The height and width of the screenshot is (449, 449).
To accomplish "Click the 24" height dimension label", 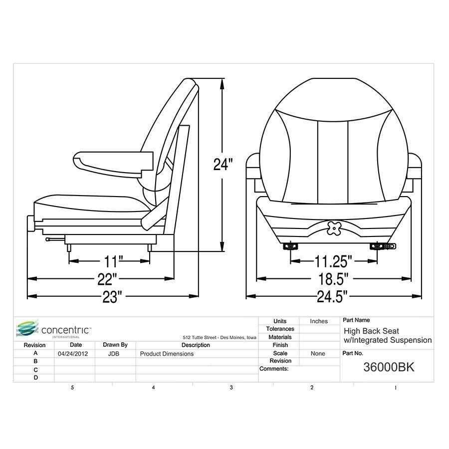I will click(x=223, y=165).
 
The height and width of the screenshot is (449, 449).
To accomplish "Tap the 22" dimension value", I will click(x=108, y=278).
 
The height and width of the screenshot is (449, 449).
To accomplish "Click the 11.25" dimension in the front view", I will click(x=333, y=261).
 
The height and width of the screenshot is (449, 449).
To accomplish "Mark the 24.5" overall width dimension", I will click(x=333, y=297).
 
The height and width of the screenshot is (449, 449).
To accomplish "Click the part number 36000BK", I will click(x=389, y=367).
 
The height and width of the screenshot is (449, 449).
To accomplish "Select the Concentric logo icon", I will click(x=27, y=329).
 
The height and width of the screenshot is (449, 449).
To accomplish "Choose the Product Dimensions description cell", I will click(x=167, y=354).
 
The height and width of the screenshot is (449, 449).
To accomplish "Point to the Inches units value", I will click(x=319, y=321).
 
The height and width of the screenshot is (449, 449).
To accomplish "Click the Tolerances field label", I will click(x=280, y=329).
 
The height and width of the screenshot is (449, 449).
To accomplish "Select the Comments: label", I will click(x=274, y=369).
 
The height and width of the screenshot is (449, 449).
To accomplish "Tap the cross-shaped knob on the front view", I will click(x=334, y=228).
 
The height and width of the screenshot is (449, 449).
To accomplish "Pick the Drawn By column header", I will click(x=115, y=345).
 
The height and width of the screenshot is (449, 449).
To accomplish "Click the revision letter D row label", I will click(x=35, y=378).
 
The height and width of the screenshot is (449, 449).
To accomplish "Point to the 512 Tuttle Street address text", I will click(x=220, y=338).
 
